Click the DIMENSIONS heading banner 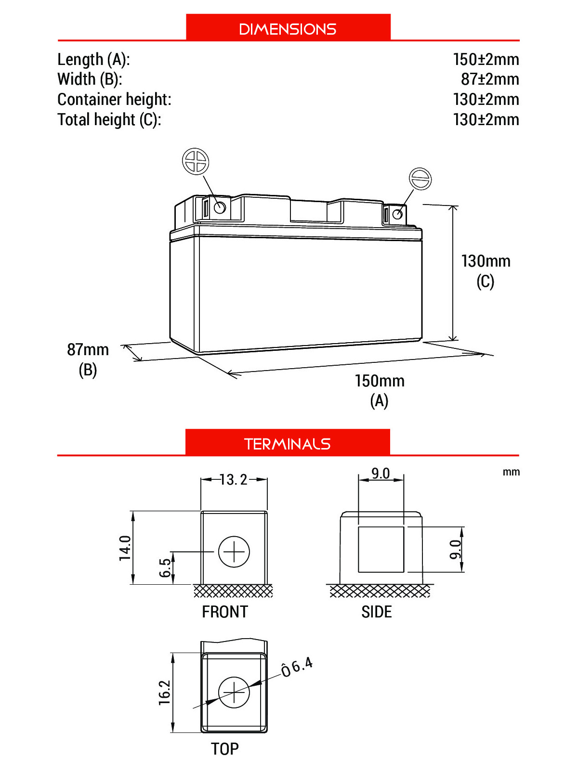click(x=288, y=27)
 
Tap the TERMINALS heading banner click(x=288, y=442)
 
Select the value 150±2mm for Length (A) click(x=486, y=59)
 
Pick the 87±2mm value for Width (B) click(x=490, y=79)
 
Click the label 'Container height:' click(x=115, y=99)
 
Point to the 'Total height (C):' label click(x=109, y=120)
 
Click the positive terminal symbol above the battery click(x=196, y=161)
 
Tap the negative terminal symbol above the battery click(x=420, y=179)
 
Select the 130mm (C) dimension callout click(x=486, y=271)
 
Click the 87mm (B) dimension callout click(x=88, y=359)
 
